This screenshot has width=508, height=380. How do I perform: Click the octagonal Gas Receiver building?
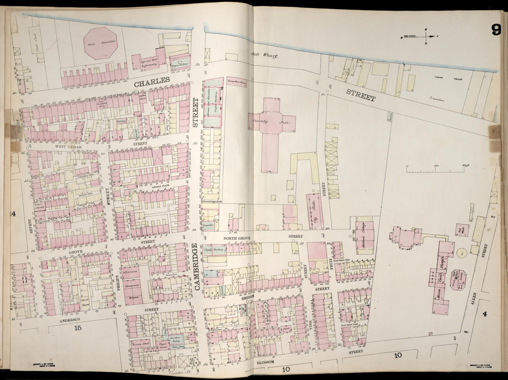pyautogui.click(x=100, y=43)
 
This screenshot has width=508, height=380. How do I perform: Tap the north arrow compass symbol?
pyautogui.click(x=425, y=36)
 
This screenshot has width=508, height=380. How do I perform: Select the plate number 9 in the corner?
pyautogui.click(x=496, y=30)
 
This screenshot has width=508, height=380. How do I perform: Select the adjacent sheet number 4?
pyautogui.click(x=484, y=315)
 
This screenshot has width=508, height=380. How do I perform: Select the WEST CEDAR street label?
pyautogui.click(x=68, y=146)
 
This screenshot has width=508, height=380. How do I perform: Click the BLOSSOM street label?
pyautogui.click(x=265, y=362)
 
